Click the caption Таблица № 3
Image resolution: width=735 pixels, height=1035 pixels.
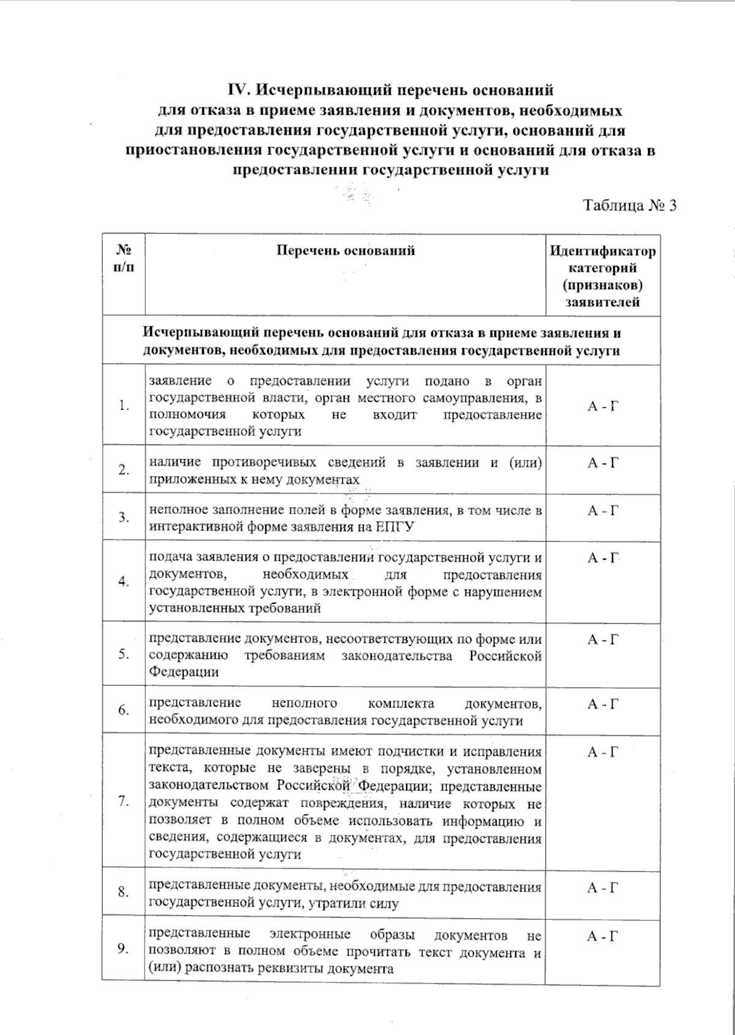coord(630,205)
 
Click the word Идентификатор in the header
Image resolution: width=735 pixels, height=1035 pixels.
coord(603,251)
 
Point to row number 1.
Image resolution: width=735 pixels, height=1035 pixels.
coord(124,405)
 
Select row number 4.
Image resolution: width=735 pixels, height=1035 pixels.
coord(124,581)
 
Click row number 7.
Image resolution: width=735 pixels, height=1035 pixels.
coord(124,801)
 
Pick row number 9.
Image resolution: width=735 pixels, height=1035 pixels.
coord(124,949)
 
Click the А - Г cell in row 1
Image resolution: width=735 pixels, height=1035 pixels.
coord(603,405)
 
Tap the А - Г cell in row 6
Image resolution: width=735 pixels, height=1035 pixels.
coord(603,704)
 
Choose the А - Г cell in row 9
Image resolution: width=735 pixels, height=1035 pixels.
coord(603,936)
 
